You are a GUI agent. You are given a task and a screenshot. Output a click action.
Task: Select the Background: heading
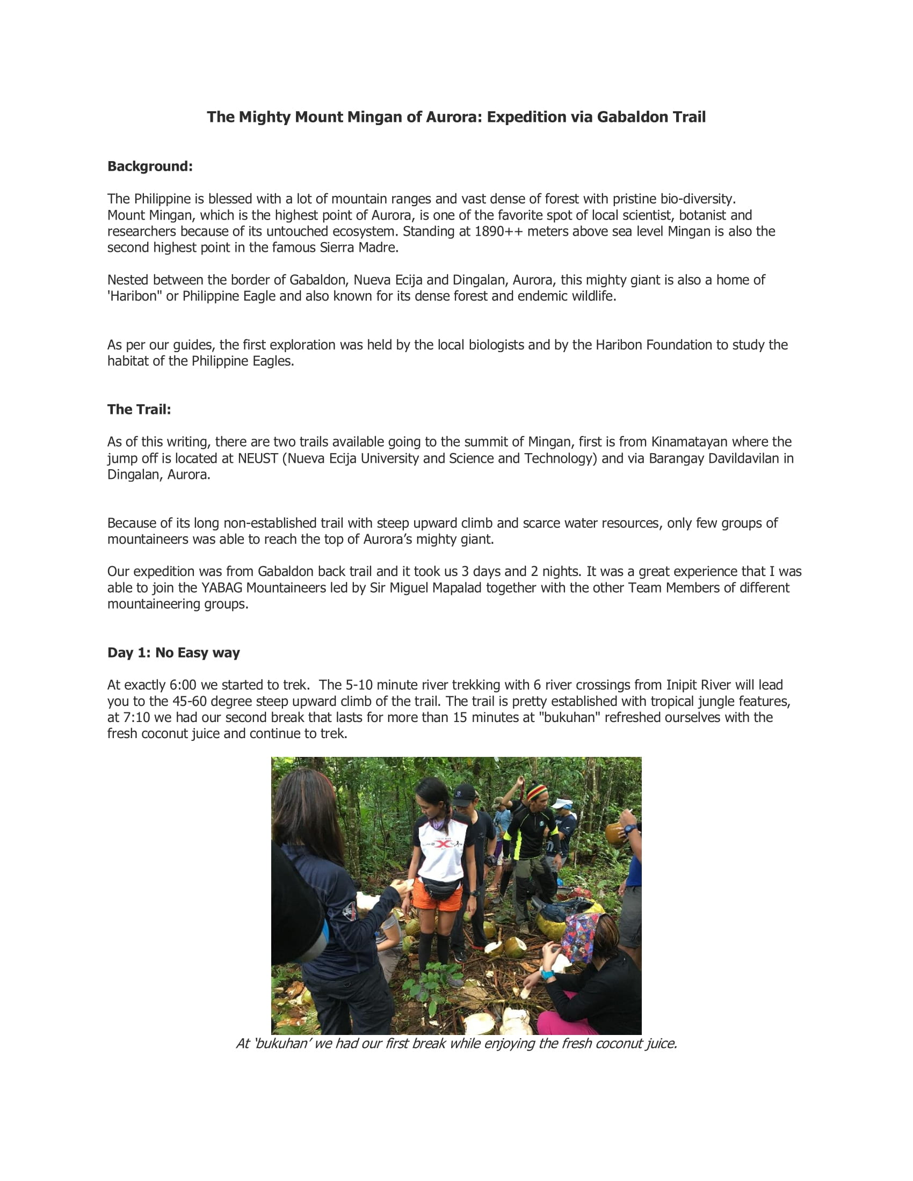coord(150,166)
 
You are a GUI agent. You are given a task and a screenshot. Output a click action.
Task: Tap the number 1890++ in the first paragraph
coord(499,231)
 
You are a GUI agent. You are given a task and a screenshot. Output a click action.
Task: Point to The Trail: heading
coord(139,410)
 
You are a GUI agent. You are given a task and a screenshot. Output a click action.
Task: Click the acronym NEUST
coord(258,458)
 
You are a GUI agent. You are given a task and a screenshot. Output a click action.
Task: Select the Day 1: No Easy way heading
coord(173,653)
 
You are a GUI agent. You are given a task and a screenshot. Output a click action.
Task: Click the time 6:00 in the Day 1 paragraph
coord(183,685)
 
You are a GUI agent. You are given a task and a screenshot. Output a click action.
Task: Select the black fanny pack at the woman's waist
coord(442,887)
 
